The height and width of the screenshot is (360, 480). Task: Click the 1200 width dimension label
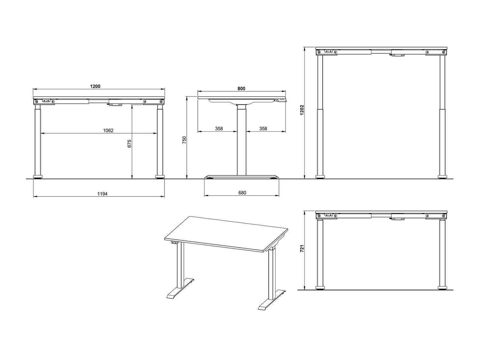click(x=95, y=86)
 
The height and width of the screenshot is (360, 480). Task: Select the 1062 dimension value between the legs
click(x=108, y=130)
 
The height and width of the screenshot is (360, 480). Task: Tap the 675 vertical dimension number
click(x=130, y=143)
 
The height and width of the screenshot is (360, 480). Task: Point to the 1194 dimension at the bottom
click(x=102, y=194)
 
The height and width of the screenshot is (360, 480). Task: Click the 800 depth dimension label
click(x=241, y=88)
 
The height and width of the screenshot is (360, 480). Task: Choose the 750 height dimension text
click(x=184, y=140)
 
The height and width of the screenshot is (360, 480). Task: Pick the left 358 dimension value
click(x=219, y=129)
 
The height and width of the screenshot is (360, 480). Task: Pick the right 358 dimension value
click(x=263, y=129)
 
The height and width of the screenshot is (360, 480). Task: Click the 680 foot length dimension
click(x=242, y=192)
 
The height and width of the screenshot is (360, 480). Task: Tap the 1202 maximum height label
click(x=302, y=110)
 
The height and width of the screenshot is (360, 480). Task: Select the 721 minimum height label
click(x=302, y=249)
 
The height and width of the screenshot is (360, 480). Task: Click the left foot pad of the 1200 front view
click(x=38, y=176)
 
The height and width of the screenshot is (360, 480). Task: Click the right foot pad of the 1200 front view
click(x=160, y=176)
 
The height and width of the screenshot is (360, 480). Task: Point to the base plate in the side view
click(x=242, y=176)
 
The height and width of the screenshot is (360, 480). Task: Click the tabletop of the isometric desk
click(x=226, y=233)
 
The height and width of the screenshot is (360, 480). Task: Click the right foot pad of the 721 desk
click(x=442, y=288)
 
